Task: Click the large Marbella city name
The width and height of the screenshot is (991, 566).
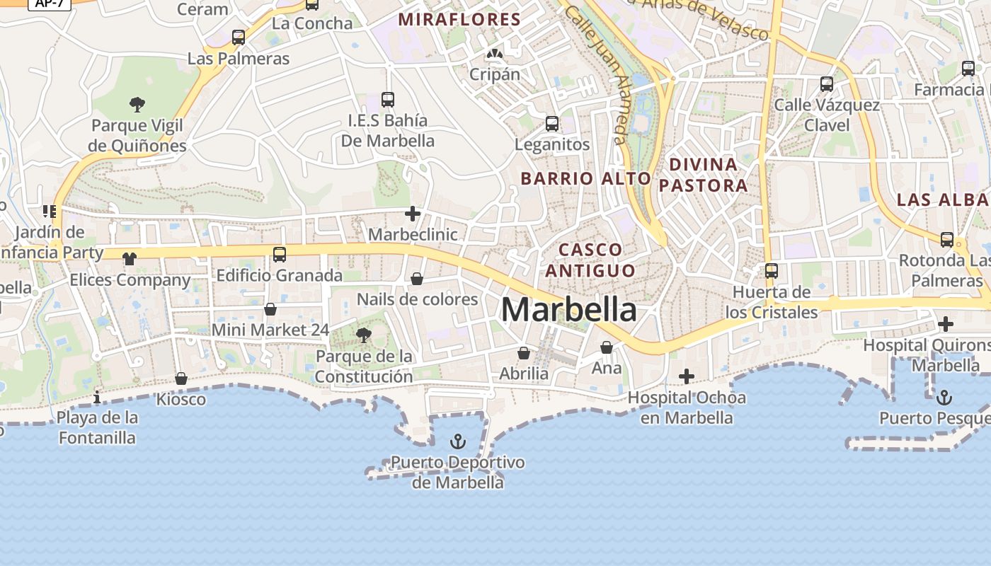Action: [569, 310]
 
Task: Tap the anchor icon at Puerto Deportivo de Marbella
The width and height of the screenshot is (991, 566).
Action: [458, 442]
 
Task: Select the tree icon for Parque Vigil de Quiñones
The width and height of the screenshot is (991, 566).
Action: [137, 105]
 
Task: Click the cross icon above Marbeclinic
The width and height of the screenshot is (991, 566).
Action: [413, 213]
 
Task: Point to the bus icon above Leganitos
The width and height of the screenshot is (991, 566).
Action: [552, 124]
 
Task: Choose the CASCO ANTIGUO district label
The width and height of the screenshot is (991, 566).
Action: [590, 260]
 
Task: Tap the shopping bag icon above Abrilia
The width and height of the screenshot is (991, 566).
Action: [524, 352]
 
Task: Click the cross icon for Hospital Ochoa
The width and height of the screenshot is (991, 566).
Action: [686, 376]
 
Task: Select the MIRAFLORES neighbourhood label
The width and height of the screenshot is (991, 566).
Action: [459, 19]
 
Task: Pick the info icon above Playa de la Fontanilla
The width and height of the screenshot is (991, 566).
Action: [97, 397]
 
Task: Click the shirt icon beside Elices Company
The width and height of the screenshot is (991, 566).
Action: [129, 259]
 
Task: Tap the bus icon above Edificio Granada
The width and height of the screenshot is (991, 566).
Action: [280, 254]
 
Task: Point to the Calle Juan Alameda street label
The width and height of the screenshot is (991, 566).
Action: [599, 70]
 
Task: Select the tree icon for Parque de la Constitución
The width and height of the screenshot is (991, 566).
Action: [363, 335]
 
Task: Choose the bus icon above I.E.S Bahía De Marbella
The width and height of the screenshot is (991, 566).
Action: [387, 99]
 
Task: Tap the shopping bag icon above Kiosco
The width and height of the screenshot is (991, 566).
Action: [181, 379]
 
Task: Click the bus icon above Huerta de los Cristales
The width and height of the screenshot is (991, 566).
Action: [772, 270]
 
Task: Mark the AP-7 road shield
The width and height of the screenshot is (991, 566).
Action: [49, 3]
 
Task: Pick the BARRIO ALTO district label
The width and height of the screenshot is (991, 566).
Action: [585, 178]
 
